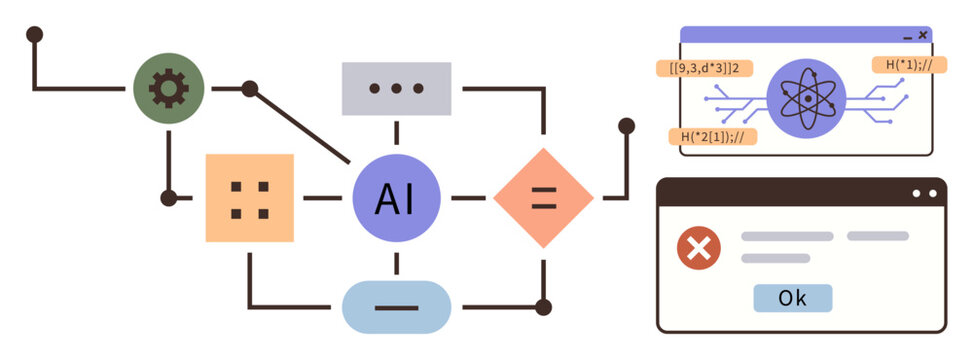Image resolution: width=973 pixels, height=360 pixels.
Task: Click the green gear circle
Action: pos(169,89)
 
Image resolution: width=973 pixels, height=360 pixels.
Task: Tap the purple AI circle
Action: pos(396,198)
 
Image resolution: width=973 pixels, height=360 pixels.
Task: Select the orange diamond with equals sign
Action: pos(543,198)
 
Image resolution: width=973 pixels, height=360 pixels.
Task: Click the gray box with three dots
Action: pos(396,88)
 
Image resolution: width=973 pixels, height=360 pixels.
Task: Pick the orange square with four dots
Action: pos(249,198)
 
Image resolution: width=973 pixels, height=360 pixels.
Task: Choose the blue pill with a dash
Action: pos(396,306)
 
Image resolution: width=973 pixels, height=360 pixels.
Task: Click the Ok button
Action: pos(792,298)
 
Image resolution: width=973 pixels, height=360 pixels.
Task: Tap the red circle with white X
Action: pos(699,248)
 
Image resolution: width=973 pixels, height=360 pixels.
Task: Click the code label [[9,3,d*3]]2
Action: pos(704,68)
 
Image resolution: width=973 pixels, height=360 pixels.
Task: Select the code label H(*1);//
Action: pos(909,65)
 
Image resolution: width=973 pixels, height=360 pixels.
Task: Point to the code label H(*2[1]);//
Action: pos(712,136)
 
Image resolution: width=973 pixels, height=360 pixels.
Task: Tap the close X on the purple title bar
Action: pos(922,35)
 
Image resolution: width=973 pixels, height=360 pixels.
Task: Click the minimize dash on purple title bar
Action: pos(907,36)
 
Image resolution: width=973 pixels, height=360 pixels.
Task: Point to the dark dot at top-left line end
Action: pos(34,34)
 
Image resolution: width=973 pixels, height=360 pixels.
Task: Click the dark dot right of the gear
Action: pos(249,89)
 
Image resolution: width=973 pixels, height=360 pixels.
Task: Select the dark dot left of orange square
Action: pos(169,198)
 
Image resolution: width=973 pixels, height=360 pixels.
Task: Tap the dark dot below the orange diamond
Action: pos(543,306)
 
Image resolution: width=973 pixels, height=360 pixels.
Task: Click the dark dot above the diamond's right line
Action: pos(626,126)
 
